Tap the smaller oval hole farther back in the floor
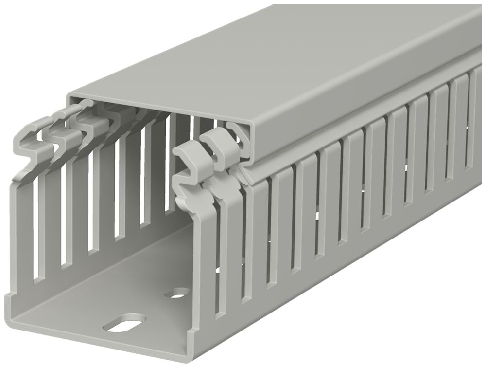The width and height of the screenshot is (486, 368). (x=179, y=293)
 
